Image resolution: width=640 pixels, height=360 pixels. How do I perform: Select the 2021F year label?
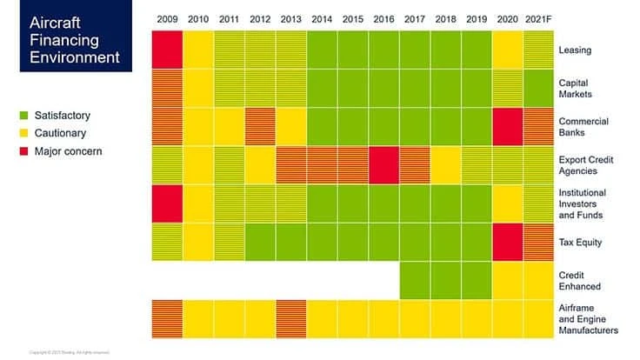(540, 19)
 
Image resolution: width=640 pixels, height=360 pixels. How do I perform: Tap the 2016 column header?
(383, 19)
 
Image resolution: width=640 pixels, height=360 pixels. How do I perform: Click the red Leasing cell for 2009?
(166, 50)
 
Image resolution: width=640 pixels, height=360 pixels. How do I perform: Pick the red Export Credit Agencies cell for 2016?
(383, 165)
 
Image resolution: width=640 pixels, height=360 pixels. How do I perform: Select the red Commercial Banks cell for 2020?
(508, 127)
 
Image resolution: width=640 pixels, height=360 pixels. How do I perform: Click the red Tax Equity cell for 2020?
(508, 242)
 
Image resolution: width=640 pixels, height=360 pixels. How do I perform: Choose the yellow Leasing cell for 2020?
(508, 50)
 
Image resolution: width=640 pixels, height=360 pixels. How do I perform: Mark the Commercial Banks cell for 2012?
(259, 127)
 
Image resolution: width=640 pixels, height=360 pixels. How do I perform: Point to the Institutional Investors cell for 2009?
(166, 203)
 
